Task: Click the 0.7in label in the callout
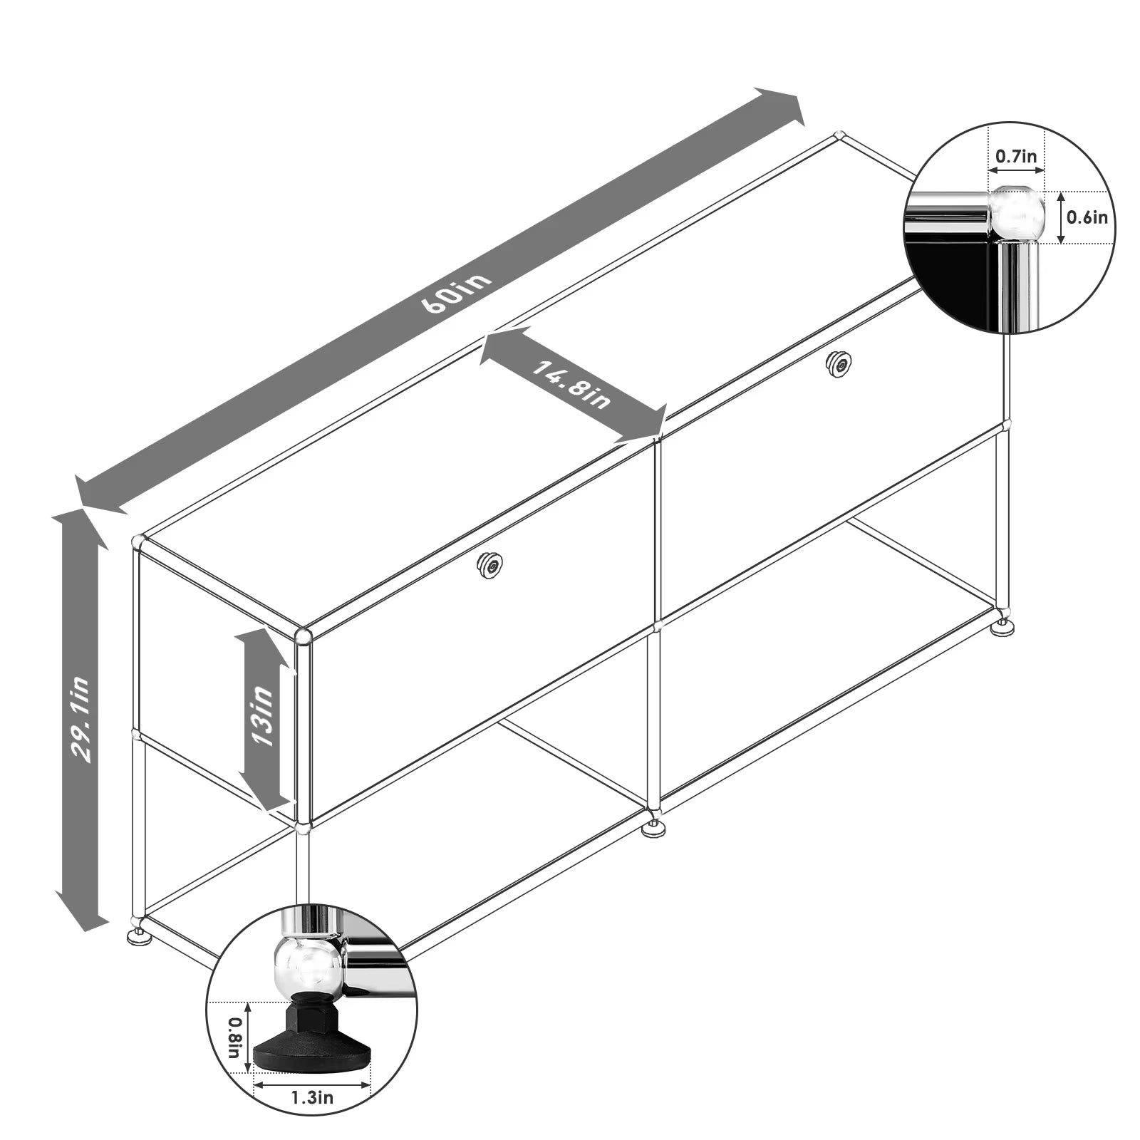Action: click(1015, 156)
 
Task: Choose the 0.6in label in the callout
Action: click(1087, 217)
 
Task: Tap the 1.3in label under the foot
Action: click(312, 1097)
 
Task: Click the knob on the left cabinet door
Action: click(491, 564)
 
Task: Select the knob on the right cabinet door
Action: click(839, 364)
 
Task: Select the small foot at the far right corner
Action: click(1004, 627)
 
